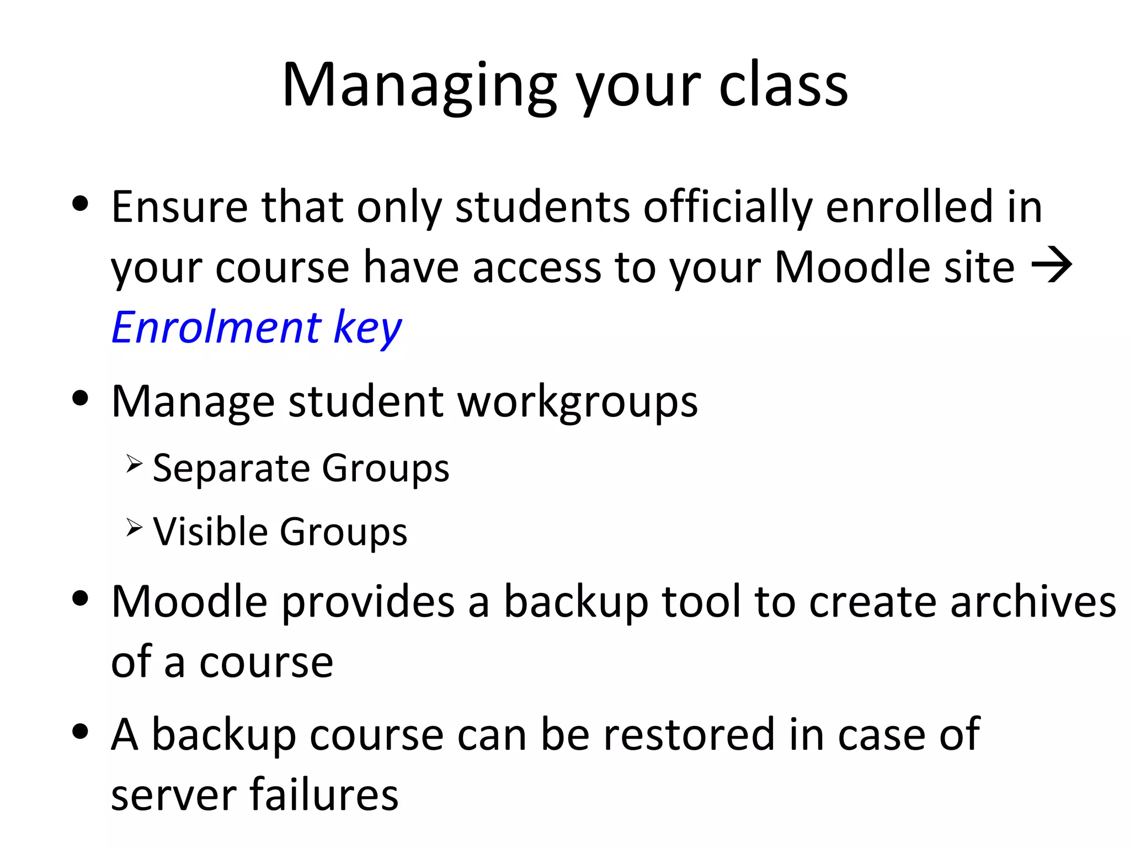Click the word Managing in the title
(x=419, y=86)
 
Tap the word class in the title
(x=783, y=86)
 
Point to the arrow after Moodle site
(x=1052, y=267)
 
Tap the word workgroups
(x=578, y=402)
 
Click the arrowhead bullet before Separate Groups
(x=134, y=464)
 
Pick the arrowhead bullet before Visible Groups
(x=134, y=527)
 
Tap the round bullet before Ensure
(x=81, y=204)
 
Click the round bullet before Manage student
(x=81, y=398)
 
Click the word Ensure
(x=179, y=207)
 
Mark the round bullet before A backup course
(x=81, y=732)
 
